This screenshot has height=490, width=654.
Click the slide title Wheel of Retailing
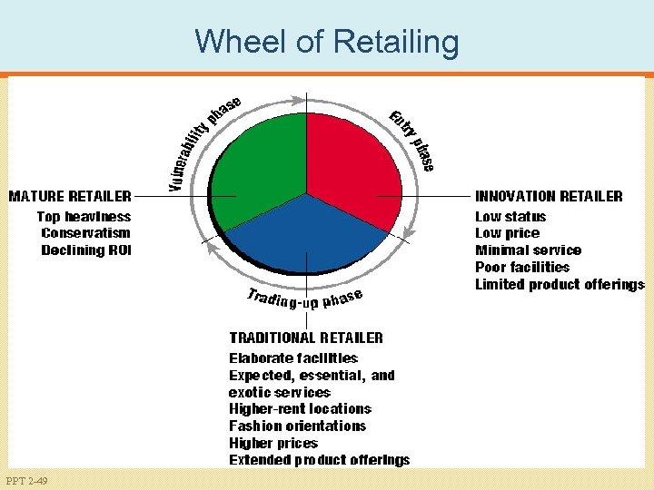[326, 42]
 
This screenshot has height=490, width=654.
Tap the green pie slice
[259, 163]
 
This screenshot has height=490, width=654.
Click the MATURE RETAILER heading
[70, 196]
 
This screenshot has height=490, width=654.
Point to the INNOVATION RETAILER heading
[549, 196]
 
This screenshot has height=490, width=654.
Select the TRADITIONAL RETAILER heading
[306, 338]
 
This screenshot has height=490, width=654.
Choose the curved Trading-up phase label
[305, 299]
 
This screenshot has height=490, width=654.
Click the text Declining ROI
[86, 250]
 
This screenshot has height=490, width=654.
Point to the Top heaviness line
[84, 217]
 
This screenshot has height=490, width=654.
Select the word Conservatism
[86, 233]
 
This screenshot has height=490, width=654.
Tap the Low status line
[510, 217]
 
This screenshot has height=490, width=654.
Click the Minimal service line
[528, 250]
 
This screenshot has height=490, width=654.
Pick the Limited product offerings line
[560, 284]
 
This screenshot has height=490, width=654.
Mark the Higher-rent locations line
[300, 409]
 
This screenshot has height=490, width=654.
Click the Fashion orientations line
[297, 426]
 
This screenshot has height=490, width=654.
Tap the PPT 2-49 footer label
[26, 480]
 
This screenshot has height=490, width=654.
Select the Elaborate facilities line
[292, 358]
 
